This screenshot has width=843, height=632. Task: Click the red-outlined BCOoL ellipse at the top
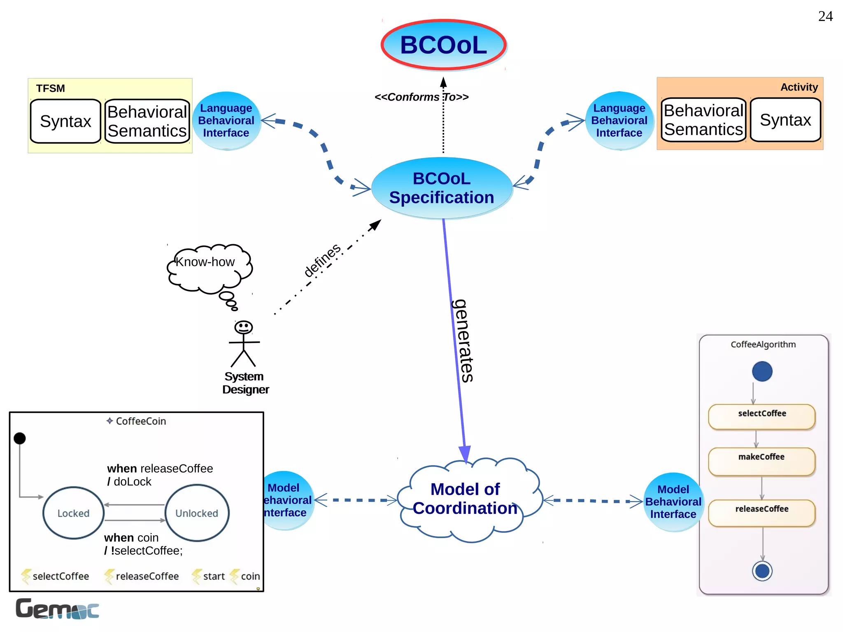(x=443, y=44)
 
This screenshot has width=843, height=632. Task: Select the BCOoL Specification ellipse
(x=442, y=188)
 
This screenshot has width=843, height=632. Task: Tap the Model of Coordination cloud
(x=465, y=499)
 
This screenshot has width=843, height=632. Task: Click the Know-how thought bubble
(x=208, y=268)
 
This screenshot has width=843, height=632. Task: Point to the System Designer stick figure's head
(x=243, y=327)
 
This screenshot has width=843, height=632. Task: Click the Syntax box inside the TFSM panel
(x=65, y=121)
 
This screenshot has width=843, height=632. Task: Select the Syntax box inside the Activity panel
(x=785, y=120)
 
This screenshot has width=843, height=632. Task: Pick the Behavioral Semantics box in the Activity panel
(x=703, y=120)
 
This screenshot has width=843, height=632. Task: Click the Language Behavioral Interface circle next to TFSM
(x=226, y=121)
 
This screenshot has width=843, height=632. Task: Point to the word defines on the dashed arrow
(x=322, y=260)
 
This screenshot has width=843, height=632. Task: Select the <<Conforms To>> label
(x=421, y=97)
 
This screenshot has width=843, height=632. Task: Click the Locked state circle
(x=73, y=513)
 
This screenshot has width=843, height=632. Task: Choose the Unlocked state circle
(x=197, y=513)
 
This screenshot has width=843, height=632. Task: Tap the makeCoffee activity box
(x=761, y=461)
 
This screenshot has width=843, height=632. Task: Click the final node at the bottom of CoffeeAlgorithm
(x=762, y=571)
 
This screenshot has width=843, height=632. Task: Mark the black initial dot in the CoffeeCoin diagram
(x=20, y=438)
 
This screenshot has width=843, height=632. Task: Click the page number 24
(x=825, y=16)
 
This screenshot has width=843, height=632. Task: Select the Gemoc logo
(x=57, y=609)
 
